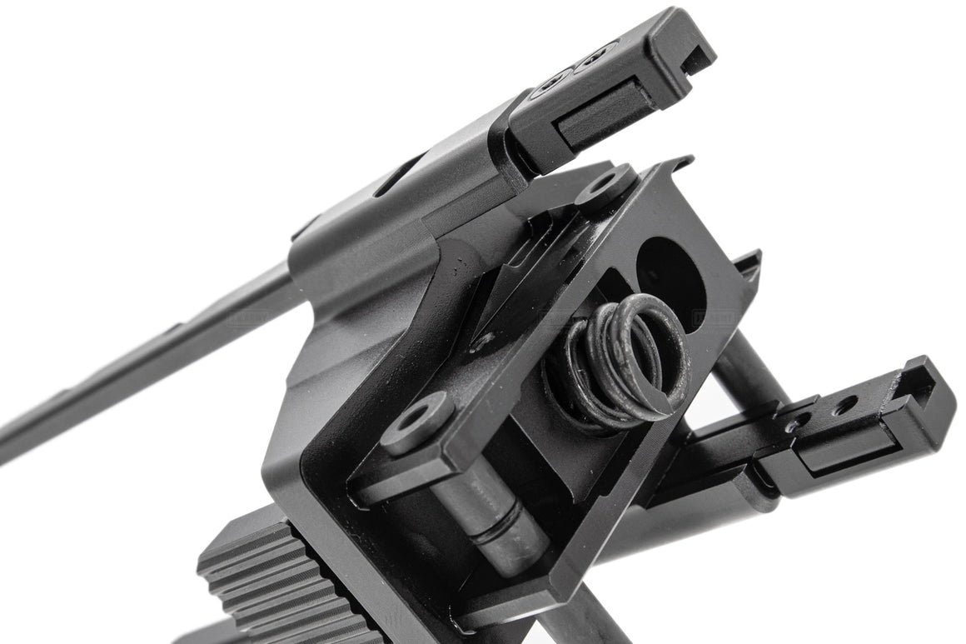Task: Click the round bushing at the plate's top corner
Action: (x=605, y=185)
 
